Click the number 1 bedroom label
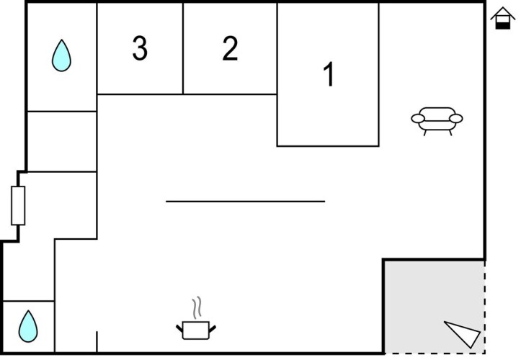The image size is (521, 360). (329, 74)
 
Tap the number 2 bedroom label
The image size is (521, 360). (230, 48)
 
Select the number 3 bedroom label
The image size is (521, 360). (140, 48)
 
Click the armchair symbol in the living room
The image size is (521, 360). (437, 121)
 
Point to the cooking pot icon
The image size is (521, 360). (196, 330)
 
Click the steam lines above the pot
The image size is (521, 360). (197, 307)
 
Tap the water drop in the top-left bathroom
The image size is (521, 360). (61, 55)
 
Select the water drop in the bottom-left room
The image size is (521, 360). (28, 326)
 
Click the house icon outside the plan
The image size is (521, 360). (503, 18)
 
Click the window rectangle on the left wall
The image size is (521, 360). (18, 206)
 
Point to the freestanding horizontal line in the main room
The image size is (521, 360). (245, 202)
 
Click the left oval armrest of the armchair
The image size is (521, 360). (418, 119)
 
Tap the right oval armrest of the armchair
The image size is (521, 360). (456, 119)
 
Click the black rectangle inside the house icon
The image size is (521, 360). (503, 26)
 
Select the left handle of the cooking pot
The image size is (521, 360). (179, 329)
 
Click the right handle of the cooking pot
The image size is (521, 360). (213, 329)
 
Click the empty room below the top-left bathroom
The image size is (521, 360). (62, 141)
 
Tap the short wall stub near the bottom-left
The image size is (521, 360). (97, 341)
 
